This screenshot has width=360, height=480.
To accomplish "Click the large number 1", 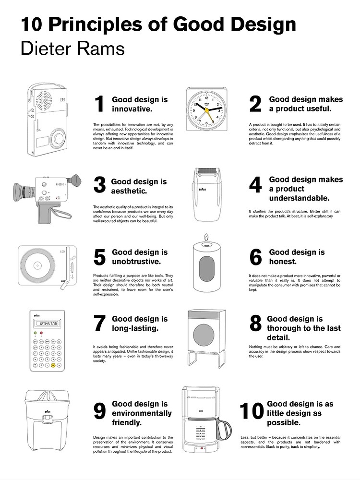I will [x=99, y=104].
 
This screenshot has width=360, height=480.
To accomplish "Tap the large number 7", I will [x=99, y=324].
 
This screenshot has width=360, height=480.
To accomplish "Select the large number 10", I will [x=252, y=411].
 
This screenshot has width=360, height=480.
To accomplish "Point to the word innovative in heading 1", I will [x=132, y=109].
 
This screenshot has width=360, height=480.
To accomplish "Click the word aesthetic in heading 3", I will [x=129, y=191].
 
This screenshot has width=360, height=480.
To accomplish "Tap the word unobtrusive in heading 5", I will [x=136, y=262].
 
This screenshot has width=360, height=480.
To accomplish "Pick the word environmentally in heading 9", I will [x=142, y=413].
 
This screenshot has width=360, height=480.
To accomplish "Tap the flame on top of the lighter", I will [x=207, y=237].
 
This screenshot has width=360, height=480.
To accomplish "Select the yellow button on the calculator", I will [x=53, y=365].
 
